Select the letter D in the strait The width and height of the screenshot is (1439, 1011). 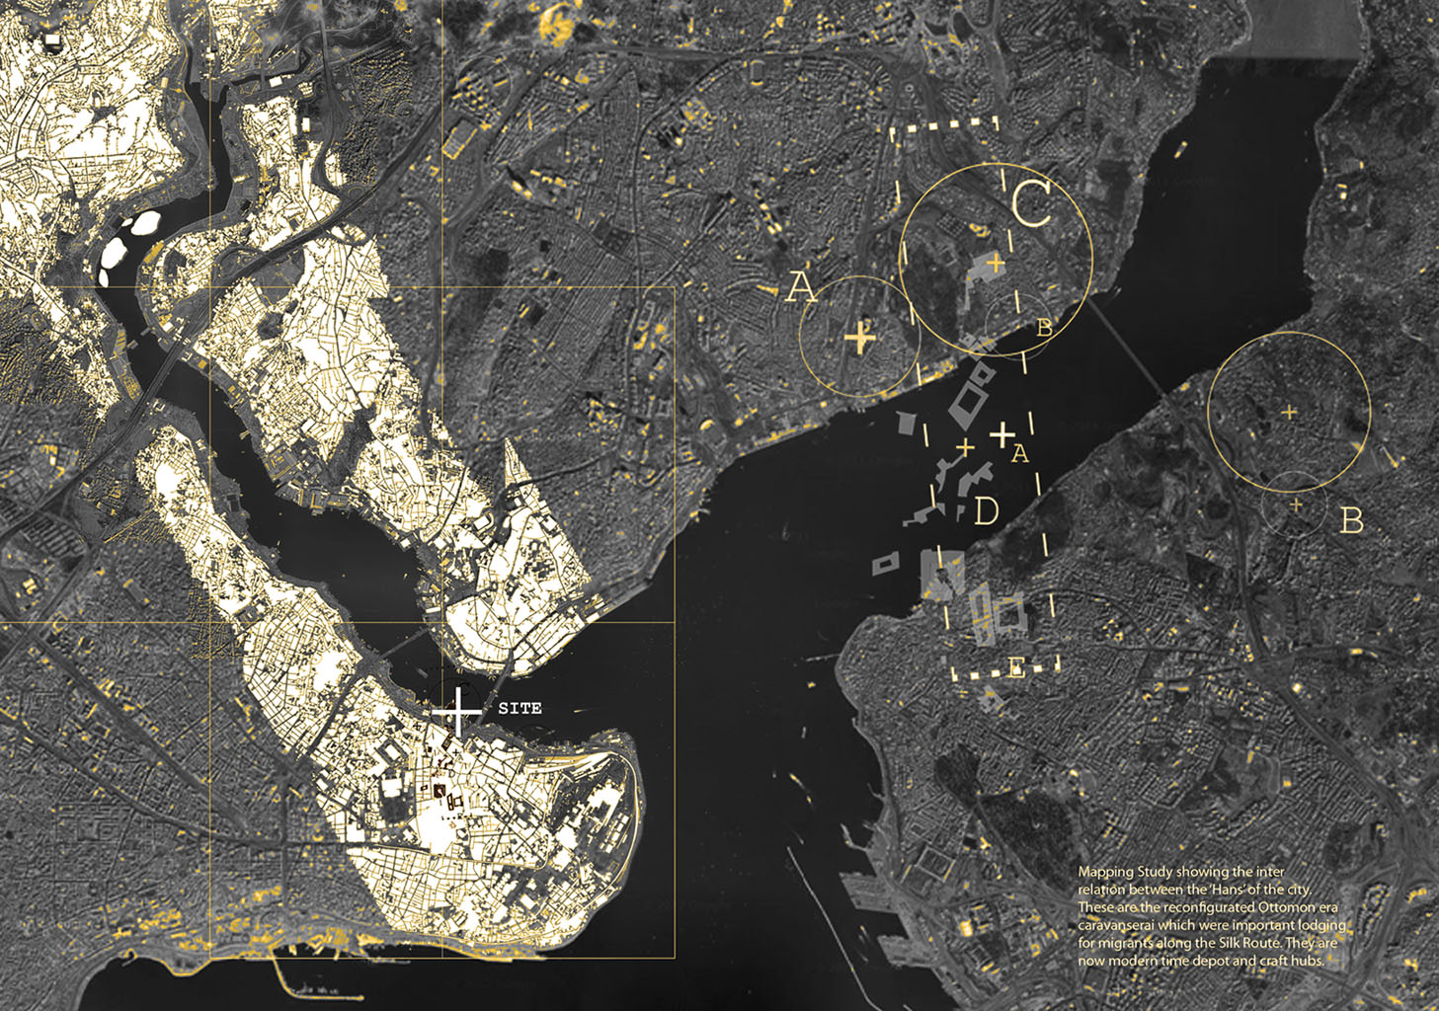tap(986, 511)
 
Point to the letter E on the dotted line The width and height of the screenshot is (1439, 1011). tap(1016, 668)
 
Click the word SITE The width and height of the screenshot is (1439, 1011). tap(520, 708)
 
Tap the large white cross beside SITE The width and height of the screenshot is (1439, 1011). tap(458, 711)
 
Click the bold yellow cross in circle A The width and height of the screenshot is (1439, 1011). tap(860, 339)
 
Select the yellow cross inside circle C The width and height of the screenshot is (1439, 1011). tap(996, 263)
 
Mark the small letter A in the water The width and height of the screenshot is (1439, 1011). tap(1021, 453)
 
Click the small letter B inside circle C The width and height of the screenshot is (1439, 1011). tap(1044, 329)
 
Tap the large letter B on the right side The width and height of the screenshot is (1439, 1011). tap(1351, 519)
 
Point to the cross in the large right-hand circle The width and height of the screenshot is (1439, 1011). tap(1289, 412)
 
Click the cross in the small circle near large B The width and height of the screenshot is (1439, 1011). tap(1296, 505)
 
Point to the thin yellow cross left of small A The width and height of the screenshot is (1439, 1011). tap(965, 447)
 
